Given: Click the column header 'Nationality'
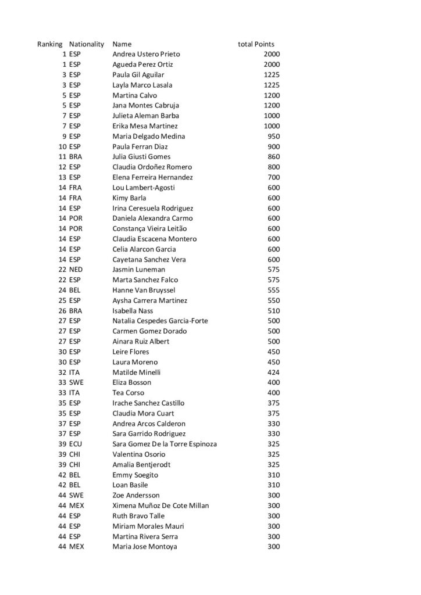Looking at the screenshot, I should (86, 44).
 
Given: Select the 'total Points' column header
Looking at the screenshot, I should (256, 44).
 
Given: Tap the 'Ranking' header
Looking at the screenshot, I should (50, 44).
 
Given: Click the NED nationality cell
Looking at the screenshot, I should (76, 270).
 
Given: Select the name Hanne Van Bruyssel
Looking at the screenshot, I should (144, 290).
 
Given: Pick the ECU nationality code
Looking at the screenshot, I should (76, 444).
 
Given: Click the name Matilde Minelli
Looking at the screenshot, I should (136, 372).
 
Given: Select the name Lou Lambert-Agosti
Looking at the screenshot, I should (143, 188).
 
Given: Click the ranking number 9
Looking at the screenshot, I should (65, 137).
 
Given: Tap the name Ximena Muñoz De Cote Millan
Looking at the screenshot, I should (160, 506).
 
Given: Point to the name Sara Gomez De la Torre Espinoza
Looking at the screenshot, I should (165, 444).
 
